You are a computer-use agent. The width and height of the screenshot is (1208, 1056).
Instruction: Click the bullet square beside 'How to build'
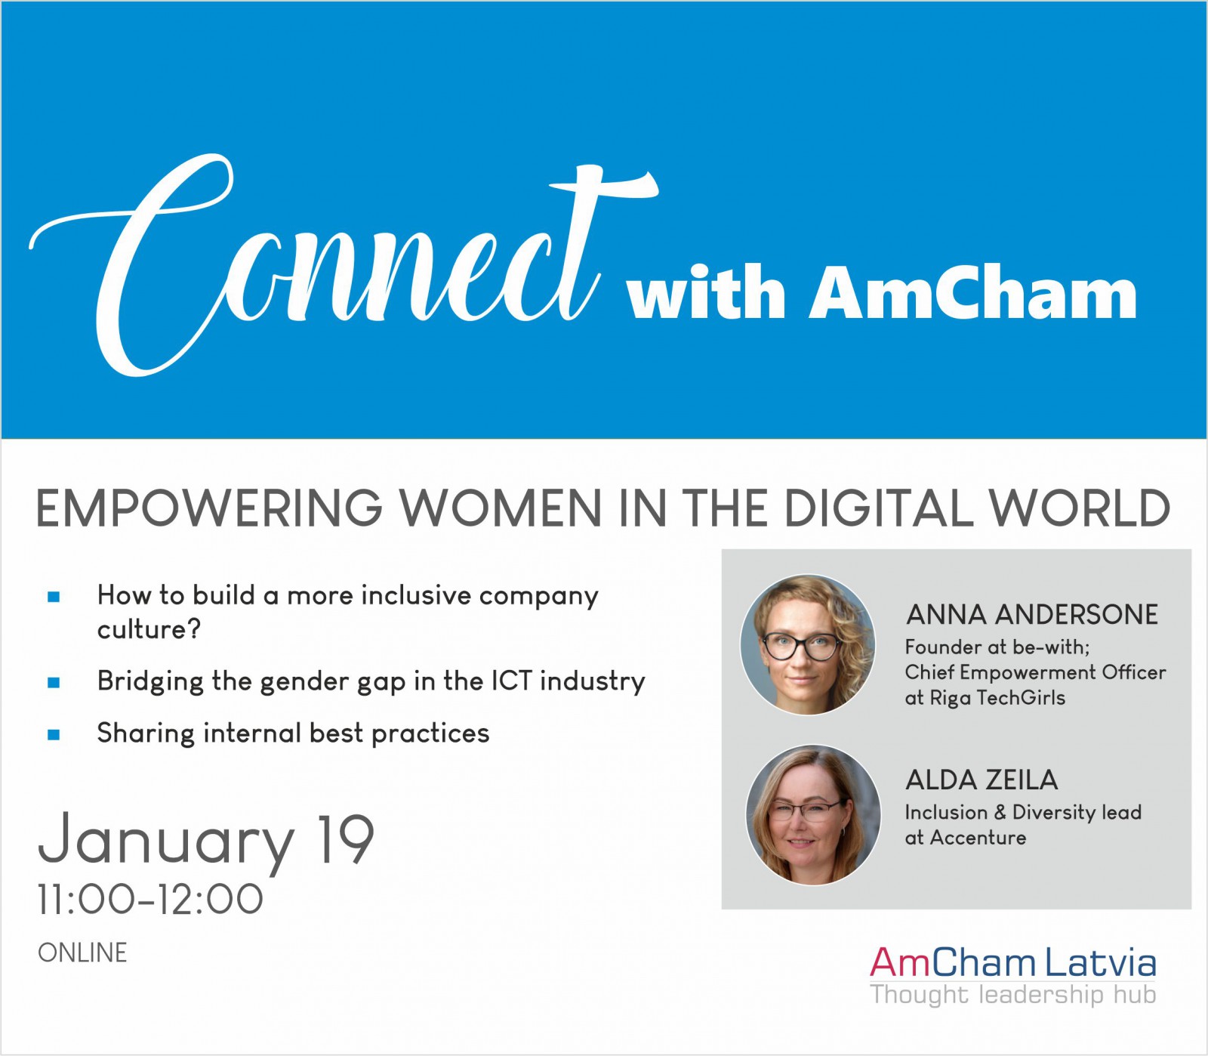[x=54, y=597]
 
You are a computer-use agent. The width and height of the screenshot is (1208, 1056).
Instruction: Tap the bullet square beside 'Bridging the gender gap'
[x=54, y=683]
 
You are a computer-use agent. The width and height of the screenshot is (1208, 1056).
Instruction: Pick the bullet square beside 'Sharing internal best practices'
[x=54, y=735]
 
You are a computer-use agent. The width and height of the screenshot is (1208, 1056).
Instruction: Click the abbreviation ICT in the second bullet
[x=512, y=681]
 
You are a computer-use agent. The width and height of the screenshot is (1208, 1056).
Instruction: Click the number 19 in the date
[x=347, y=839]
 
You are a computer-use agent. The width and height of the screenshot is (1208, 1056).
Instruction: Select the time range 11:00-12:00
[x=150, y=900]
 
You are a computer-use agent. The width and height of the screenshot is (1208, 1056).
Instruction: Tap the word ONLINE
[x=82, y=953]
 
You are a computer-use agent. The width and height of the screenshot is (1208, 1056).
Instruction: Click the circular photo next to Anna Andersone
[x=808, y=645]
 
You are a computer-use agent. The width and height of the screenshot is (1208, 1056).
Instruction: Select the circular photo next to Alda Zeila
[x=813, y=815]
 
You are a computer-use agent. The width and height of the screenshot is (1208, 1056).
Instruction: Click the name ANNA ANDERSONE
[x=1032, y=615]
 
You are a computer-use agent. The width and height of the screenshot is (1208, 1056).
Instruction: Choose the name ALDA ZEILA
[x=981, y=780]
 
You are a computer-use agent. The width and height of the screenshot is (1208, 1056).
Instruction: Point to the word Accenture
[x=978, y=838]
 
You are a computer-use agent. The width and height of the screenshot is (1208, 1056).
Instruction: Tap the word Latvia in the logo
[x=1101, y=963]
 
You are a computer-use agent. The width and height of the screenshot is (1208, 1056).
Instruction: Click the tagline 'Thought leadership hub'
[x=1013, y=994]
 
